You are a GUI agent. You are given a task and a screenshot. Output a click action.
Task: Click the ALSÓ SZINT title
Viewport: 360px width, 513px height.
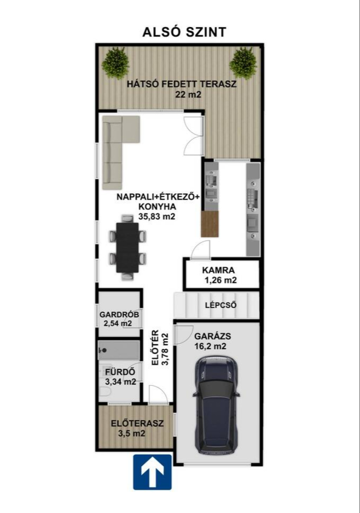185,32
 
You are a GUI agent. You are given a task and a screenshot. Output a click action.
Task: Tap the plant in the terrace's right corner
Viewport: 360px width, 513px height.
243,64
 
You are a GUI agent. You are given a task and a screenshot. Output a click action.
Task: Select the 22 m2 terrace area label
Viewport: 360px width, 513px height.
188,95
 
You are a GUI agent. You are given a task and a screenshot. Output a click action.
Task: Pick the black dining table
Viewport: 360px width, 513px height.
127,247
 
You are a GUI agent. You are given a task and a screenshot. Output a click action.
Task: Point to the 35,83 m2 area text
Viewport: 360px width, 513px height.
156,216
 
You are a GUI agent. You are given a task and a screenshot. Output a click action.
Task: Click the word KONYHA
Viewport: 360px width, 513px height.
157,207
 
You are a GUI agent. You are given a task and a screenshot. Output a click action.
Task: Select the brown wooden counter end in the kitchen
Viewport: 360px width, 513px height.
210,224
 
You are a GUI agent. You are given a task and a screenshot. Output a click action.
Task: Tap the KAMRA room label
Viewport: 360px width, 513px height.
218,270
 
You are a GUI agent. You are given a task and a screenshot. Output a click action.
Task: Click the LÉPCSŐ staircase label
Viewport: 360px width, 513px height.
221,305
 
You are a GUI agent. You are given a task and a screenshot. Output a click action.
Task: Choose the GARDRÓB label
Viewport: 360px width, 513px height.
119,314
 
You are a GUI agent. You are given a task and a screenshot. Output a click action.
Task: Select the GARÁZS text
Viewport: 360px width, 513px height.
212,336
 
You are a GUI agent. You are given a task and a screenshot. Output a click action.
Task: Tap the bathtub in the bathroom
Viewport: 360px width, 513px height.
118,350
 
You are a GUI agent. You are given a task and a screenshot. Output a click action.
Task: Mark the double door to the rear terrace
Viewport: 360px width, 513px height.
194,136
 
